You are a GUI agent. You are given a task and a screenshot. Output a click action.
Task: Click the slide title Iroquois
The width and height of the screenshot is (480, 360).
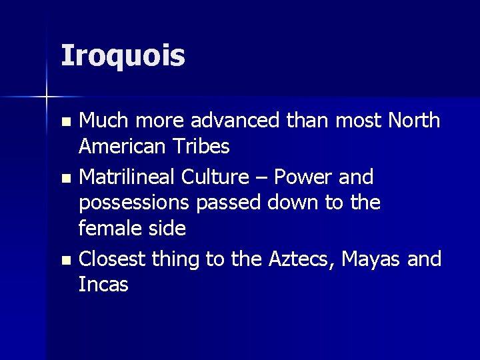[123, 55]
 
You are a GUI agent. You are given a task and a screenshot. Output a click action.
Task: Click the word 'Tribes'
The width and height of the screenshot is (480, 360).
[205, 146]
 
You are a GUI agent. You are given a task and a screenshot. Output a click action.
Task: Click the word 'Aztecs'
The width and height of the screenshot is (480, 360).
[301, 259]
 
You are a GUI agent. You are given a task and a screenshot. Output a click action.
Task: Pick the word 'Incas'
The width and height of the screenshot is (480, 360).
[103, 284]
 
